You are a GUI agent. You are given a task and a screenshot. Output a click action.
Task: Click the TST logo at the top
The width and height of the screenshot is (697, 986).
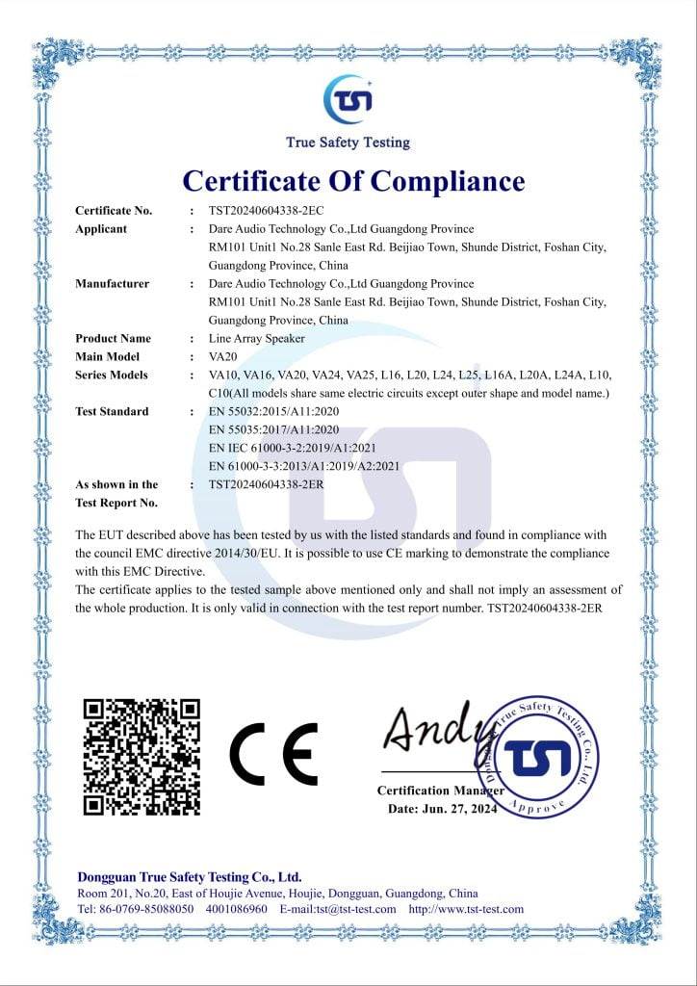coord(348,99)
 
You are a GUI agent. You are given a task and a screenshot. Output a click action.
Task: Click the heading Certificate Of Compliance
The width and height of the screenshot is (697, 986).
coord(353,181)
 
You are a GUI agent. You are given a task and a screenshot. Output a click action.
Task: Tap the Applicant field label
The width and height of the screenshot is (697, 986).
coord(101,229)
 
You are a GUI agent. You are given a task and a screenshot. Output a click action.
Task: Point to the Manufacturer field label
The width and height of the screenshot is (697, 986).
coord(112,284)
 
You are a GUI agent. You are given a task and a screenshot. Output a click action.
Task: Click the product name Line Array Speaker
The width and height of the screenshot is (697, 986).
coord(256,339)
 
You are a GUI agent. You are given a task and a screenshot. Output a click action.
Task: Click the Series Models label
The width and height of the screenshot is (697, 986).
coord(112,376)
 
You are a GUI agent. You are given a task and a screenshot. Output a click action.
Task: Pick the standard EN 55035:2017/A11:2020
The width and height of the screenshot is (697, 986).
coord(275,430)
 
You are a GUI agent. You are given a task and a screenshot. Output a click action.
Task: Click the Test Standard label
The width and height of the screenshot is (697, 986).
coord(112,412)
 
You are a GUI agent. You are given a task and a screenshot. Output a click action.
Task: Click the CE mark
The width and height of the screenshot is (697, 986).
coord(273,754)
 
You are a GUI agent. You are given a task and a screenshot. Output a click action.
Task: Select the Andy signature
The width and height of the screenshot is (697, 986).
coord(430,730)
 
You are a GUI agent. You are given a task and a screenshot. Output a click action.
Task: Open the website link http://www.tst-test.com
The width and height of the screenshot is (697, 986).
coord(466,909)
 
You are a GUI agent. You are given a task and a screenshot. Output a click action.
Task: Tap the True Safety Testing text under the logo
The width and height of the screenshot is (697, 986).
coord(348,143)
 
